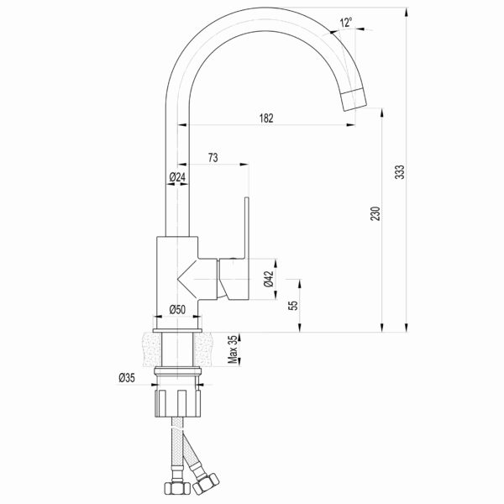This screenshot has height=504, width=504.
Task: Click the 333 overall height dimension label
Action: coord(400,172)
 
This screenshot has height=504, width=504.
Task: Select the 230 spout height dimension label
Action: coord(375,213)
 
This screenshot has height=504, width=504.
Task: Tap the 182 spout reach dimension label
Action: coord(266,118)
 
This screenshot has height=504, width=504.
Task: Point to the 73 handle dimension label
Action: coord(213,158)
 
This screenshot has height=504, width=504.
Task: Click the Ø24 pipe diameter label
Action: coord(177,176)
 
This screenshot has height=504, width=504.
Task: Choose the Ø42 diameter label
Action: coord(269,279)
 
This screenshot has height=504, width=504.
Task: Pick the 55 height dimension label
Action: coord(293,306)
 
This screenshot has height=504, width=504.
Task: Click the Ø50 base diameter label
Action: coord(177,309)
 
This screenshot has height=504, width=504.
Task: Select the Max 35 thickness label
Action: coord(233,349)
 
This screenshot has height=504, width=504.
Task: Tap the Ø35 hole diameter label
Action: coord(127,378)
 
